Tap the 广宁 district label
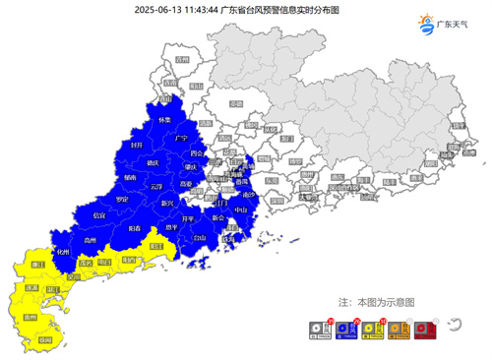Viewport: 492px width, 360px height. pos(180,139)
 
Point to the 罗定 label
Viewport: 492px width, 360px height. pos(122,198)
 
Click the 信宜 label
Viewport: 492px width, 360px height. pos(98,213)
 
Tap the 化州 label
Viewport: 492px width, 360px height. pos(64,252)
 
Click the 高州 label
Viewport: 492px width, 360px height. pos(91,239)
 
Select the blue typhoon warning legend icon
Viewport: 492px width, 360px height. pos(343,331)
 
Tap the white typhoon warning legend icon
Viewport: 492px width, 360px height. pos(317,331)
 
